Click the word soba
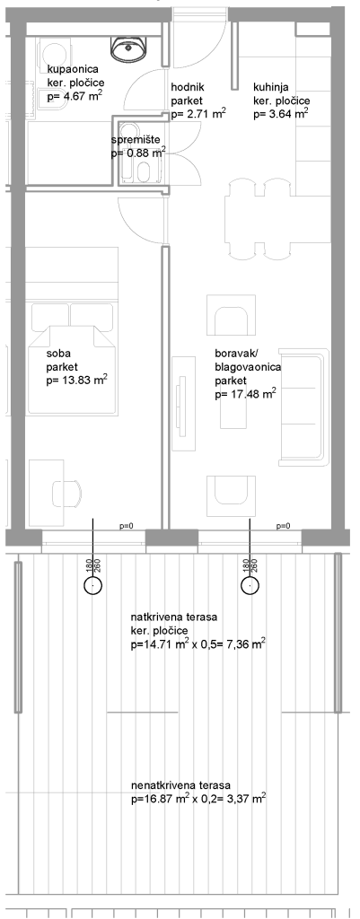tap(57, 355)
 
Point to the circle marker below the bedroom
tap(92, 585)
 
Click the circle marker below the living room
tap(250, 585)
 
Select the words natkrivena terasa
tap(175, 617)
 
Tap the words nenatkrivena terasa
tap(181, 785)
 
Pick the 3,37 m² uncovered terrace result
tap(242, 798)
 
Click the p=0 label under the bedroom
tap(127, 526)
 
